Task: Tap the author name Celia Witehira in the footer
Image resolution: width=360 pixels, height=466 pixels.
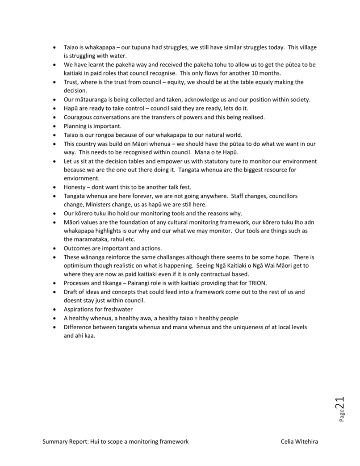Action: pyautogui.click(x=299, y=441)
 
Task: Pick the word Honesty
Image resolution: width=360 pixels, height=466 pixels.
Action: pyautogui.click(x=75, y=187)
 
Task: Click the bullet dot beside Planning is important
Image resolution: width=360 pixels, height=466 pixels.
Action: pyautogui.click(x=54, y=126)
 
